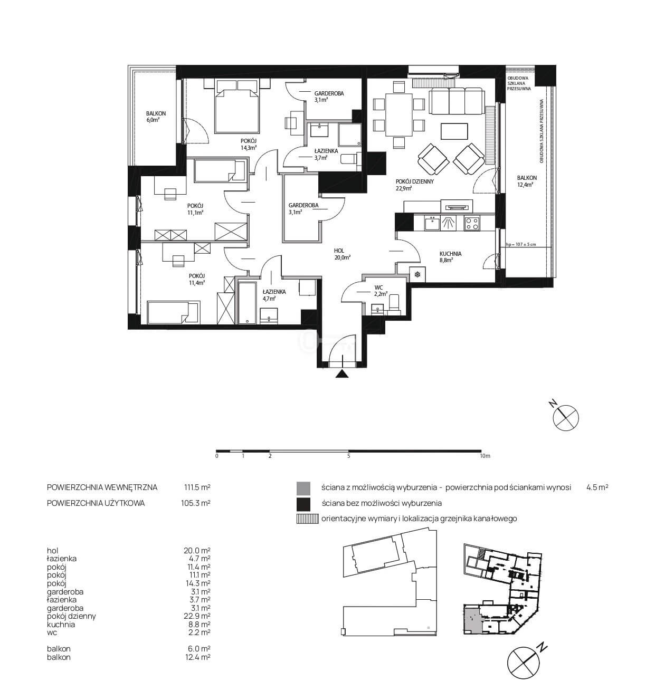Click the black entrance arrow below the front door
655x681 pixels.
click(x=342, y=374)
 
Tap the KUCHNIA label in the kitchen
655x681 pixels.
click(x=450, y=254)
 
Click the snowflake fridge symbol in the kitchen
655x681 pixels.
click(x=417, y=274)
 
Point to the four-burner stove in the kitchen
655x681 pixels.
click(x=472, y=223)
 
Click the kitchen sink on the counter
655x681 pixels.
click(x=432, y=223)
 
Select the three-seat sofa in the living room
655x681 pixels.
click(x=457, y=101)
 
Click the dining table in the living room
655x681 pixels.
click(x=398, y=115)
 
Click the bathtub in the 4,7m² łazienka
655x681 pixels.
click(x=247, y=302)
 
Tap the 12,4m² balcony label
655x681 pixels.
click(x=527, y=181)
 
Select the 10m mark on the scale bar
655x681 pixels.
click(x=485, y=456)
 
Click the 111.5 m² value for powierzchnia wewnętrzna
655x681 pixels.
click(x=197, y=487)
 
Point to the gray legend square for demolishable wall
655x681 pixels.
click(x=303, y=487)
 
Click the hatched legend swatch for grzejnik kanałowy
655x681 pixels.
click(x=307, y=519)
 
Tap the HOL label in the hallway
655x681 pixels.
click(x=339, y=251)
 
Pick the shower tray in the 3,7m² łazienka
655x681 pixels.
click(x=349, y=135)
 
